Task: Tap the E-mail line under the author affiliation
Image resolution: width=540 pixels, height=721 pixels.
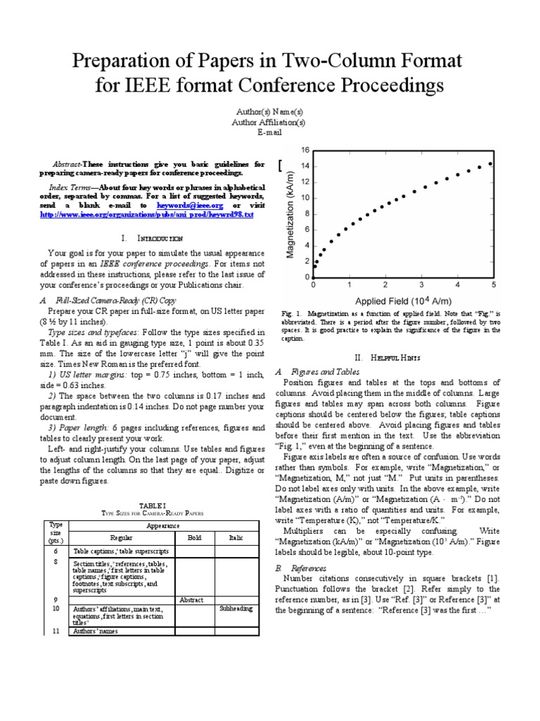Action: (x=269, y=132)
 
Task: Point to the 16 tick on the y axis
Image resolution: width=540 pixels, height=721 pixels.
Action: (x=305, y=150)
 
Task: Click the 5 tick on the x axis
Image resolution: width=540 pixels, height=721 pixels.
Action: (x=494, y=285)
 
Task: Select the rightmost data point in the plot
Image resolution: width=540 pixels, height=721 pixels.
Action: (x=490, y=163)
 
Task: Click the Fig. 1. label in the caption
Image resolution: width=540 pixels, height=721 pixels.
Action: (x=290, y=312)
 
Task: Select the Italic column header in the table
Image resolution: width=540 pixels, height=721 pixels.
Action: (x=236, y=537)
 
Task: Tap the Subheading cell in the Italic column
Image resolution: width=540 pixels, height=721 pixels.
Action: (x=236, y=607)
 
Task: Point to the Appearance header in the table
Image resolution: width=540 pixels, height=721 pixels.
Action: (x=162, y=525)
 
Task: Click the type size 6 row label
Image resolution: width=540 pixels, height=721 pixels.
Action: (x=55, y=551)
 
